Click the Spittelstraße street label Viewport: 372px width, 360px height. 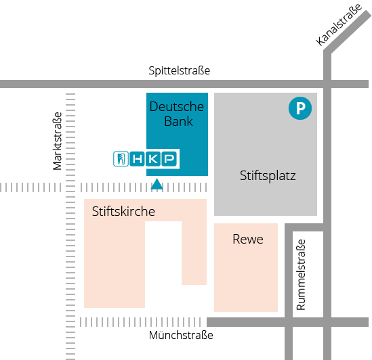pyautogui.click(x=180, y=70)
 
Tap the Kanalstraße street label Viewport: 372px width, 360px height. pyautogui.click(x=339, y=24)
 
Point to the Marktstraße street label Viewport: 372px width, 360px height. pyautogui.click(x=57, y=141)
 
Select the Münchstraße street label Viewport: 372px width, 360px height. pyautogui.click(x=181, y=335)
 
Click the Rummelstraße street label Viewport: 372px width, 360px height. pyautogui.click(x=301, y=275)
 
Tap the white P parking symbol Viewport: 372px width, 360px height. pyautogui.click(x=300, y=108)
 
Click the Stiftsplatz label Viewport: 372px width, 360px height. pyautogui.click(x=268, y=176)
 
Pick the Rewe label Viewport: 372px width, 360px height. pyautogui.click(x=248, y=239)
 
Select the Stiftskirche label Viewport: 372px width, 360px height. pyautogui.click(x=123, y=211)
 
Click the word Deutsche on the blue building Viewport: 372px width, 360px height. pyautogui.click(x=177, y=106)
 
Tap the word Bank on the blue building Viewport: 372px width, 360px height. pyautogui.click(x=178, y=121)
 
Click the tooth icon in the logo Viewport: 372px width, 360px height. pyautogui.click(x=121, y=159)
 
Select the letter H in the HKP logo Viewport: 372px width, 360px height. pyautogui.click(x=138, y=159)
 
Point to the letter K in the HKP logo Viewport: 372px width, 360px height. pyautogui.click(x=153, y=159)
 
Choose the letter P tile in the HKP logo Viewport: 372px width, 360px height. pyautogui.click(x=169, y=159)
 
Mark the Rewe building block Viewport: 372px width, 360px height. pyautogui.click(x=246, y=267)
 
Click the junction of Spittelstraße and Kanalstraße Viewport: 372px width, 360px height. pyautogui.click(x=327, y=84)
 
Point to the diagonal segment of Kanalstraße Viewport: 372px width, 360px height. pyautogui.click(x=348, y=32)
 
